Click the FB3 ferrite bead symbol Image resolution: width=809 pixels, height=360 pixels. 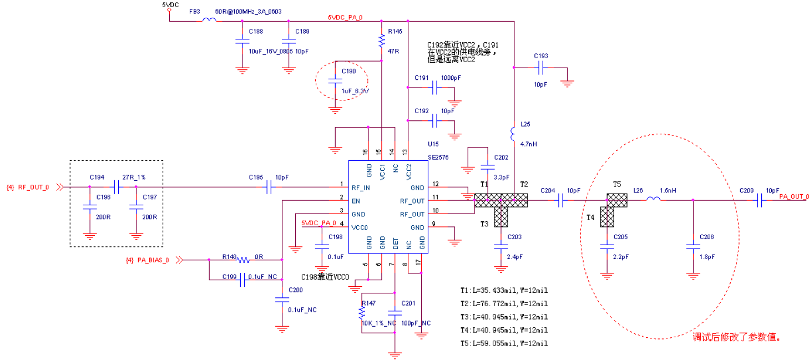(x=209, y=21)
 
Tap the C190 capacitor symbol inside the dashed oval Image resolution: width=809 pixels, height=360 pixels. (x=335, y=80)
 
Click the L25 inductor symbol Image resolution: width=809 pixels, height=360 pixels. (x=514, y=134)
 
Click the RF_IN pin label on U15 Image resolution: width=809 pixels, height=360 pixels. (x=361, y=188)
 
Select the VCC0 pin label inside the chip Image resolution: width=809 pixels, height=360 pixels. (x=361, y=227)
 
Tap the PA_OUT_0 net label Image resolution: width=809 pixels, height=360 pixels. (x=794, y=196)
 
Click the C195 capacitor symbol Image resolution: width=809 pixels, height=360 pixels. (x=270, y=188)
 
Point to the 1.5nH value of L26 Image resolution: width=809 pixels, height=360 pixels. (x=668, y=190)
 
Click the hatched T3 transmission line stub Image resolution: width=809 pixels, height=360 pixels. (x=501, y=217)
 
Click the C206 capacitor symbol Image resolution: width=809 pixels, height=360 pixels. (x=692, y=248)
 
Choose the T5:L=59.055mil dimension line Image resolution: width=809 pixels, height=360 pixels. (x=504, y=343)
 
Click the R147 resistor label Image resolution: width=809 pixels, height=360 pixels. (x=368, y=303)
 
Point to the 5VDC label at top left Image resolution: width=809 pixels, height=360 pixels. (x=170, y=4)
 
